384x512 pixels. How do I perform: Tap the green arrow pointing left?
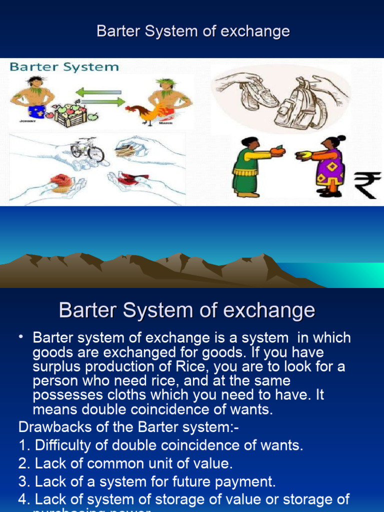click(98, 92)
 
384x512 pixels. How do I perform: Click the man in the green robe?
click(246, 165)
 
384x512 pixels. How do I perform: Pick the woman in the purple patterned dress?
click(330, 165)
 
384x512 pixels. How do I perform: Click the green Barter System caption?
click(64, 66)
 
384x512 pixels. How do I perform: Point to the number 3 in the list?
click(22, 482)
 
